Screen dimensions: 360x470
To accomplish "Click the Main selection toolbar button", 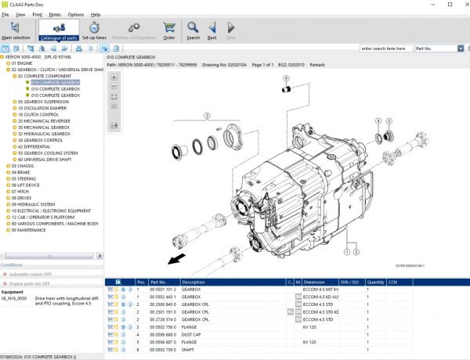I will [16, 31].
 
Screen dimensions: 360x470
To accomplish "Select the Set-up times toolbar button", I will [94, 31].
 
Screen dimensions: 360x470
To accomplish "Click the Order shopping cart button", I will [168, 31].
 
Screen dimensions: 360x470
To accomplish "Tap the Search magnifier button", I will [193, 31].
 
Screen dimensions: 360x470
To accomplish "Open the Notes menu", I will [55, 14].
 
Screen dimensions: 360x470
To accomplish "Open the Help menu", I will [96, 14].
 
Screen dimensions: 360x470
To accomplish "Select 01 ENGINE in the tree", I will [24, 63].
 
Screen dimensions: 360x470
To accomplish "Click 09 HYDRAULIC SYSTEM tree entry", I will [34, 204].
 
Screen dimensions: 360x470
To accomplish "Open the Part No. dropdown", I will [439, 49].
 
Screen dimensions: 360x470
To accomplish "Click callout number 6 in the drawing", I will [287, 79].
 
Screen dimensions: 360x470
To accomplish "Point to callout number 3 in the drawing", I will [208, 115].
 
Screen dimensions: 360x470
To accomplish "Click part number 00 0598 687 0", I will [162, 342].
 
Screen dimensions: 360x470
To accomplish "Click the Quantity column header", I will [375, 282].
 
